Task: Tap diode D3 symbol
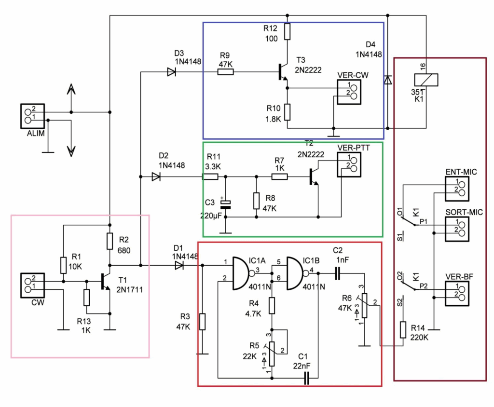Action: tap(171, 72)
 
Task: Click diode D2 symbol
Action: tap(155, 177)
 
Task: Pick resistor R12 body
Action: tap(288, 32)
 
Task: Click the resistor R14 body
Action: tap(403, 330)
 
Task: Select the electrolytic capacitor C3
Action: tap(224, 204)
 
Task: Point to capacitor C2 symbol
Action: tap(337, 273)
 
